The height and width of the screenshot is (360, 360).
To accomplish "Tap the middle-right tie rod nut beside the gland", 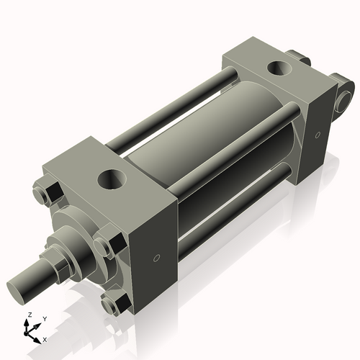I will (104, 244).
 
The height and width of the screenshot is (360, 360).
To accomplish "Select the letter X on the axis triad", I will (45, 338).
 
